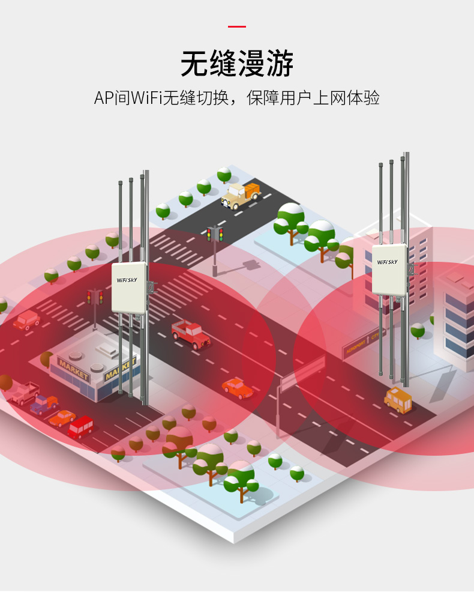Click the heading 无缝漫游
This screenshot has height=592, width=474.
coord(237,64)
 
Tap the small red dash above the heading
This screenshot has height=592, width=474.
coord(237,26)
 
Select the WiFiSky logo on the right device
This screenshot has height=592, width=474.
coord(387,262)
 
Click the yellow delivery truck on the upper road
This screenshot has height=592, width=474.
coord(241,195)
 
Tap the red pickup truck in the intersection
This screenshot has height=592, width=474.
coord(190,333)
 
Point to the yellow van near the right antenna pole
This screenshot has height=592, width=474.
coord(398,399)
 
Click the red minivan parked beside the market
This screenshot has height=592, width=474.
coord(81,426)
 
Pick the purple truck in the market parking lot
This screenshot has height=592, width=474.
coord(44,404)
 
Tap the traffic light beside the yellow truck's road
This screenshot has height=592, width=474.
coord(215,235)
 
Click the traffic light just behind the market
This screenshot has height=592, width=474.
coord(95,297)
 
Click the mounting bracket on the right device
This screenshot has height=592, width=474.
coord(412,268)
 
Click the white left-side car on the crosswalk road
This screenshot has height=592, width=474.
coord(26,319)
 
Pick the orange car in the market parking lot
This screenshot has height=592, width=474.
coord(62,417)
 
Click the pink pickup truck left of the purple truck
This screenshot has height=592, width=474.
coord(22,393)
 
